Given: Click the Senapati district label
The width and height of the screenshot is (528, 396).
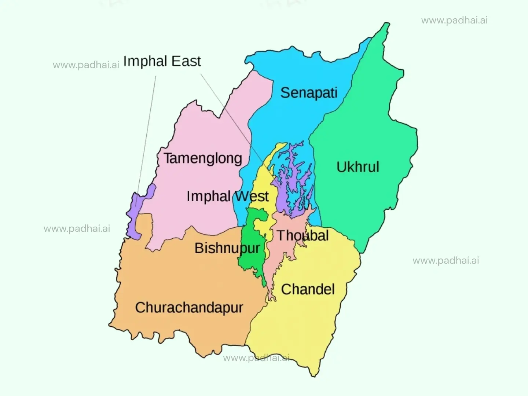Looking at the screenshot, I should coord(309,93).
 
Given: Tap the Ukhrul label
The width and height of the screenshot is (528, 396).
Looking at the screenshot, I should coord(357,167).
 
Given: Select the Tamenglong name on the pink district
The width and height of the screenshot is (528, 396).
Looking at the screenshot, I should coord(203,158).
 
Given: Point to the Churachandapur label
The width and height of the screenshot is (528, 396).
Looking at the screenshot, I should coord(189,308).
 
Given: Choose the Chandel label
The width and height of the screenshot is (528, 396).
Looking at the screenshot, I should coord(308,289).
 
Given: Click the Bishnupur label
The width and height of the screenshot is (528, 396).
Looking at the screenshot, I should coord(227,248).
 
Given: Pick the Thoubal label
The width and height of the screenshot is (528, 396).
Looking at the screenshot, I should coord(302,235).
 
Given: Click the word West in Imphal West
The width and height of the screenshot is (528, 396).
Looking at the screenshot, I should coord(252,197).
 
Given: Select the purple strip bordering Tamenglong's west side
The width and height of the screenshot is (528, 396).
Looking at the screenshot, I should coord(132,220).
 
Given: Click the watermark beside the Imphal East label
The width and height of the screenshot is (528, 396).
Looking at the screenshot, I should coord(86,65).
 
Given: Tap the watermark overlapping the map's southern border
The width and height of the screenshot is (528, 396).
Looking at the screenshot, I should coord(256,358).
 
